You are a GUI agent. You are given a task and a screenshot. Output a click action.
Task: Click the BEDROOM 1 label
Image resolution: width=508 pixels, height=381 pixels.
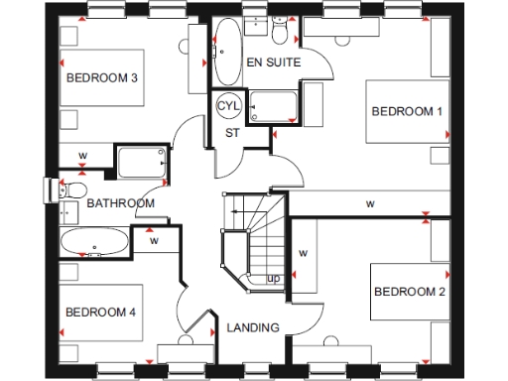coord(407,112)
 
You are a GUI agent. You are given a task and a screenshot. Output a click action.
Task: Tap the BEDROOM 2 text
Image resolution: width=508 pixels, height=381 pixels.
coord(409,292)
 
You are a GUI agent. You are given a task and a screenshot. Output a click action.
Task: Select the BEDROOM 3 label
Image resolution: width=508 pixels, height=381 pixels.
coord(102,77)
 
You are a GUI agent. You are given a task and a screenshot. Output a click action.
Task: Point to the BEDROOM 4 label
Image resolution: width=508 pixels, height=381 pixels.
coord(100,313)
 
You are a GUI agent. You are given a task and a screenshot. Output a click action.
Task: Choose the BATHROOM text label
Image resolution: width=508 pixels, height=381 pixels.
coord(120,203)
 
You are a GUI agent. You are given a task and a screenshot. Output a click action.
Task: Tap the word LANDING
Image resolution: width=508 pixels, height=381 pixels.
coord(253,327)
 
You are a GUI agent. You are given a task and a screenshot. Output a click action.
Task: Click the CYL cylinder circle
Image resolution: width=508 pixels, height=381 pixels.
coord(229,105)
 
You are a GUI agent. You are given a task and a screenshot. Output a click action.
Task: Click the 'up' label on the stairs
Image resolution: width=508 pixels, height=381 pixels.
coord(273,279)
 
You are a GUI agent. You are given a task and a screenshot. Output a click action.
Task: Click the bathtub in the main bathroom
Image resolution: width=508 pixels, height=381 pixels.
coord(94,243)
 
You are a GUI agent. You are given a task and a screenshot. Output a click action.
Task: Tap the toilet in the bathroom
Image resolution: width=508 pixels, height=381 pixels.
coord(71,188)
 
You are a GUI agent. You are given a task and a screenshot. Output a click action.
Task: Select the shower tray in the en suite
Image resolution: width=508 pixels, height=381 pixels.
coord(274,107)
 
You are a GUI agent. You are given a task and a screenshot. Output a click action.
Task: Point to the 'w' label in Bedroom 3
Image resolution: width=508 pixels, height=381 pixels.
coord(83,156)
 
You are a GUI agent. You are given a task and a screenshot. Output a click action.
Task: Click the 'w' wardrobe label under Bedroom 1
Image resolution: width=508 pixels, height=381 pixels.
coord(369,204)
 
